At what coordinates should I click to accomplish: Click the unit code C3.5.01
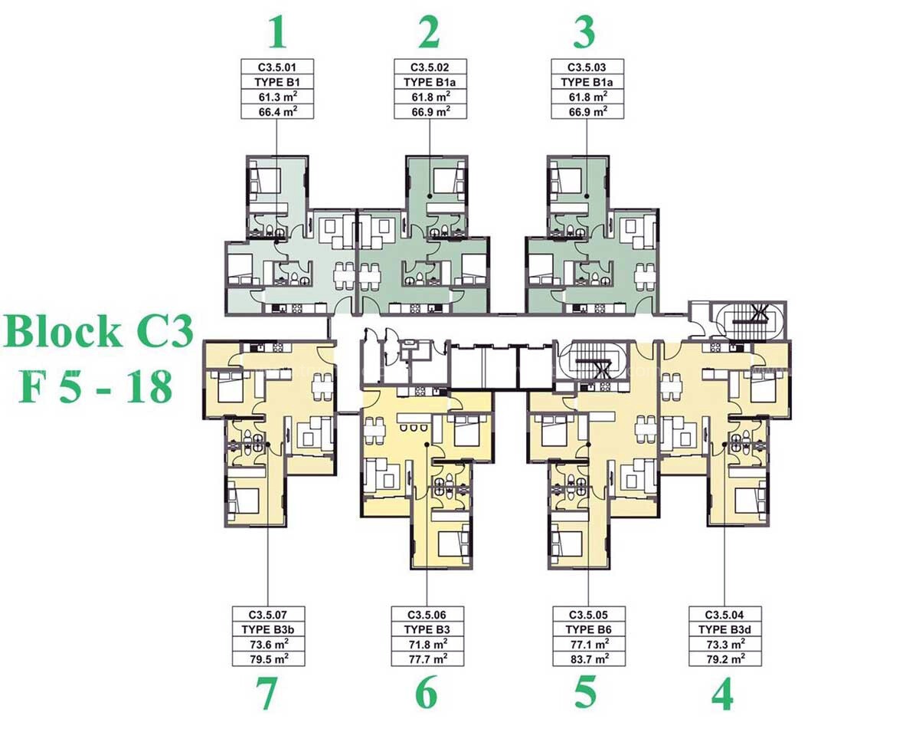(x=277, y=67)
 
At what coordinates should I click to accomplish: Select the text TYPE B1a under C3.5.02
(x=430, y=82)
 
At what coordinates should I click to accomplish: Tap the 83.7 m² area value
(x=590, y=658)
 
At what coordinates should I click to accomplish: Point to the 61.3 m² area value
(x=277, y=97)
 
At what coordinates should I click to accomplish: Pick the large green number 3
(x=584, y=33)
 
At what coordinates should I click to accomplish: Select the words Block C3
(x=98, y=333)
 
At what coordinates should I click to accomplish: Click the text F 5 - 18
(x=96, y=387)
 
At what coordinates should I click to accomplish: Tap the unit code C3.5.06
(x=427, y=615)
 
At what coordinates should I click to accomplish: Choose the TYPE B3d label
(x=724, y=629)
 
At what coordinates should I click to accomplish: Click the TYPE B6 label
(x=588, y=629)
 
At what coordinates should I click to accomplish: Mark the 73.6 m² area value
(x=269, y=644)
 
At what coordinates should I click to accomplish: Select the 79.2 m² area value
(x=725, y=658)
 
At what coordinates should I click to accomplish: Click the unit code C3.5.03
(x=587, y=67)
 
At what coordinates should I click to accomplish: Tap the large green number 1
(x=277, y=33)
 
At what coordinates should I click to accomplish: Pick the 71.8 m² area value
(x=427, y=644)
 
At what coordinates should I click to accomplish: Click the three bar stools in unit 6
(x=414, y=428)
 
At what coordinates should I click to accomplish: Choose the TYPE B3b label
(x=268, y=629)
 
